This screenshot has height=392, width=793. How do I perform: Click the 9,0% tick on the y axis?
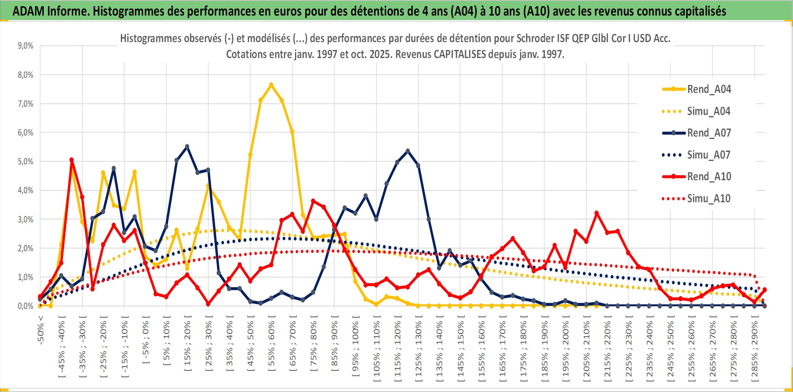tap(25, 46)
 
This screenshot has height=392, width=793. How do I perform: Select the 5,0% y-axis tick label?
tap(25, 162)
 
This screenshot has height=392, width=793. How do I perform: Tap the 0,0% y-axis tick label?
tap(25, 306)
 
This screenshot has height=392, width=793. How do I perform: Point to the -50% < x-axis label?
tap(41, 330)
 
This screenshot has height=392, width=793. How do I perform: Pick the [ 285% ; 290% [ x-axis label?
tap(754, 349)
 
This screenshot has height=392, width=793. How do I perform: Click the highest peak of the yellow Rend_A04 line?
tap(271, 85)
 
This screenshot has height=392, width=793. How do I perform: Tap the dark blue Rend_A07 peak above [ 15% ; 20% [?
tap(187, 146)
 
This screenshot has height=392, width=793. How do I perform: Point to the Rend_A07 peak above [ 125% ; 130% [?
tap(408, 151)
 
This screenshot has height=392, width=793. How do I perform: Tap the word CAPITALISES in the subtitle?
tap(460, 54)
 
